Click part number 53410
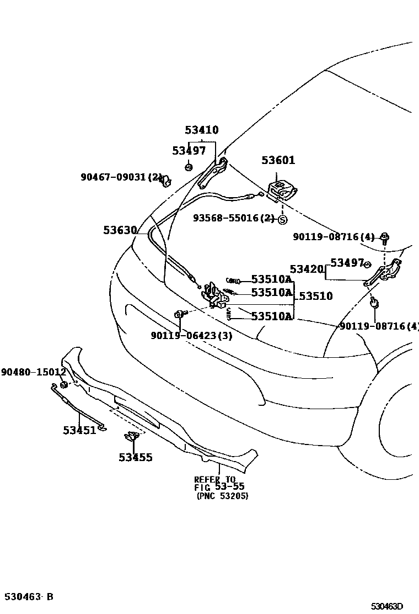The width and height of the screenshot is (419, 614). pyautogui.click(x=201, y=130)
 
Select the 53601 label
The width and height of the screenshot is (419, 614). pyautogui.click(x=278, y=160)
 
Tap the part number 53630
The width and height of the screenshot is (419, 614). pyautogui.click(x=120, y=230)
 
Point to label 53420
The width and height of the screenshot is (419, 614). pyautogui.click(x=307, y=269)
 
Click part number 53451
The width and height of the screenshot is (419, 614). pyautogui.click(x=79, y=430)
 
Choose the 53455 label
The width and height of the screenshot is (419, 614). pyautogui.click(x=135, y=457)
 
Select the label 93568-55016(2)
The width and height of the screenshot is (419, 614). pyautogui.click(x=233, y=218)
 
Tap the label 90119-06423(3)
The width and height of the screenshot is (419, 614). pyautogui.click(x=191, y=335)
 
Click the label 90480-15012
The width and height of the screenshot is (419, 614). pyautogui.click(x=33, y=372)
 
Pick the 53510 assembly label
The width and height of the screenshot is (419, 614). pyautogui.click(x=315, y=296)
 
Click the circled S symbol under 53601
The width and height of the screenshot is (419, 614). pyautogui.click(x=282, y=219)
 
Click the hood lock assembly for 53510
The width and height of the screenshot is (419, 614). pyautogui.click(x=215, y=295)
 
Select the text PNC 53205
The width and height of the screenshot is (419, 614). pyautogui.click(x=222, y=496)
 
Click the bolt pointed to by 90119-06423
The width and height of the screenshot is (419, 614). pyautogui.click(x=180, y=314)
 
